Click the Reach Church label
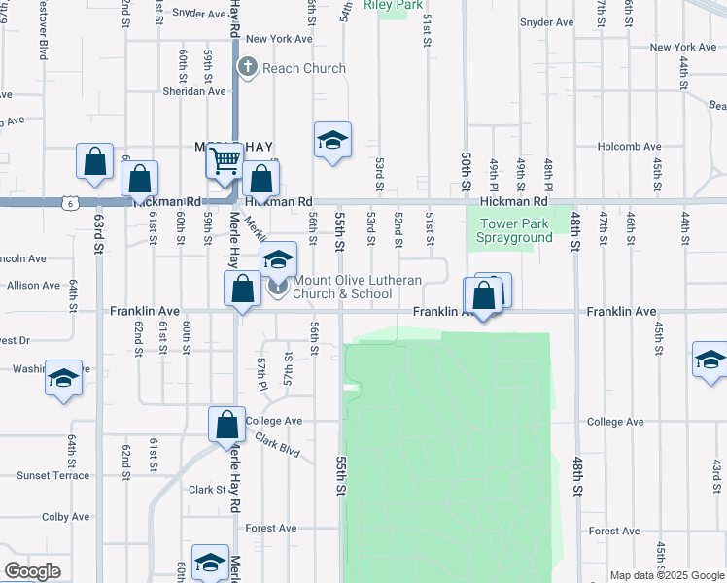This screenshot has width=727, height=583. (x=303, y=68)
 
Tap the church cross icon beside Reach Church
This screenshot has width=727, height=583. (x=247, y=67)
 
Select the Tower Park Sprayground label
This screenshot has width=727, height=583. (x=515, y=230)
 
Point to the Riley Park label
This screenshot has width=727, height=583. (x=394, y=5)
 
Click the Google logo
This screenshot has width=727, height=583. (x=32, y=571)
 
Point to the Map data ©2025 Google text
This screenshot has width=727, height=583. (x=668, y=575)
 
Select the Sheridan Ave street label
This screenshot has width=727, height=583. (x=194, y=91)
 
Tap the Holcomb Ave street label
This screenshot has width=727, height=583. (x=629, y=147)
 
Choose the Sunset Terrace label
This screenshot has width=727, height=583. (x=52, y=475)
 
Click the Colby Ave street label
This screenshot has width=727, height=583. (x=65, y=517)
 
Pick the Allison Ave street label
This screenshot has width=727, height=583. (x=33, y=286)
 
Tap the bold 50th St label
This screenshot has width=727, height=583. (x=467, y=169)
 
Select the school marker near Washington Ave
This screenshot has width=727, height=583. (x=63, y=377)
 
